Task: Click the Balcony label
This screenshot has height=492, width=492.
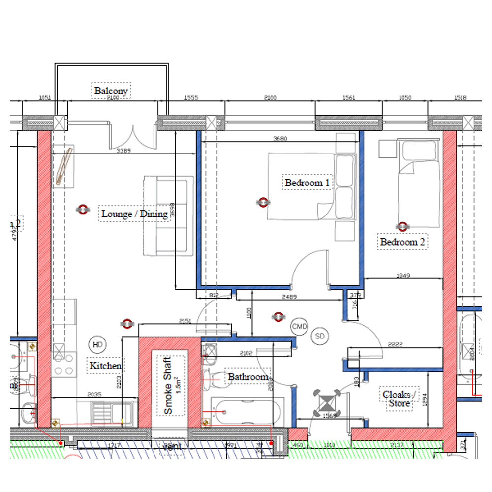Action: (111, 91)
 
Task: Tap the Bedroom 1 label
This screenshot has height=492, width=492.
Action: (307, 183)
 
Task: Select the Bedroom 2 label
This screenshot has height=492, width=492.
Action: (402, 242)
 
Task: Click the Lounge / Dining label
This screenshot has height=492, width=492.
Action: (134, 214)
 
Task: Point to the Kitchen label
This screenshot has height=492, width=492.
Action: (105, 366)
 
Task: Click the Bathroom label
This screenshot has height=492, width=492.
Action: (248, 377)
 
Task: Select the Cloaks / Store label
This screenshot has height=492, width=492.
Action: (399, 399)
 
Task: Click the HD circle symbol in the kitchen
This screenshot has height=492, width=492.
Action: (97, 344)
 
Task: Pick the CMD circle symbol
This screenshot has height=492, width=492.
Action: (299, 327)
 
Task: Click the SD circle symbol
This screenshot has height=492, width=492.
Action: (320, 337)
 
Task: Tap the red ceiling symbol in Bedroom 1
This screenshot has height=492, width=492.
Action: (263, 202)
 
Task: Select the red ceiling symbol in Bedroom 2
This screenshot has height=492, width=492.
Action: (403, 226)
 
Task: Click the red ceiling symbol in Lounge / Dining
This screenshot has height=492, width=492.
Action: (82, 210)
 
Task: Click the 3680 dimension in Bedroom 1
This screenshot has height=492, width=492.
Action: (279, 139)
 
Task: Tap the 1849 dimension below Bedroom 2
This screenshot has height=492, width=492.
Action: (402, 276)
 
